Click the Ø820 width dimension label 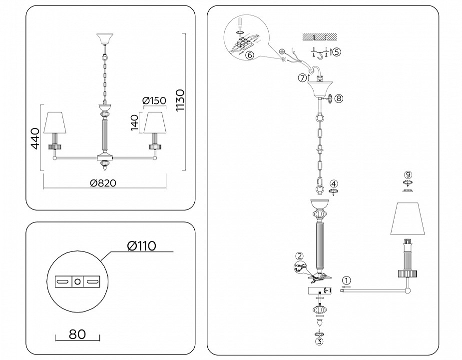[103, 183]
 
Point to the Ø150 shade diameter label [154, 101]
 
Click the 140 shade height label [134, 122]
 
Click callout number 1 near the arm [347, 280]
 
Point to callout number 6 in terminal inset [249, 55]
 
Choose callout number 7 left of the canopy [302, 77]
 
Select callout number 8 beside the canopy [339, 98]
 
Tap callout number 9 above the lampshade [408, 174]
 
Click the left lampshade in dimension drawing [56, 123]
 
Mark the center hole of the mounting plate [77, 282]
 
